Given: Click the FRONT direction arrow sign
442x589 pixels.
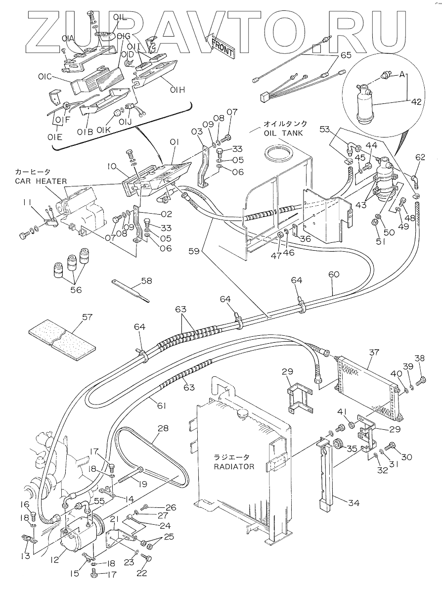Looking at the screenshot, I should pos(223,45).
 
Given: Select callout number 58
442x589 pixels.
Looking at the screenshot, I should pos(146,281).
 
